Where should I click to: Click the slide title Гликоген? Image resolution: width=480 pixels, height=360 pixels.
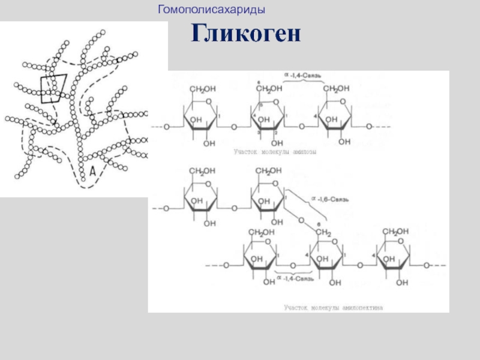(x=245, y=34)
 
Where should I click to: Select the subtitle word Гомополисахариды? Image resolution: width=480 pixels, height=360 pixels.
(x=212, y=10)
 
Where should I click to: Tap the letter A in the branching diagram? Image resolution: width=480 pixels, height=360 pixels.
(x=93, y=171)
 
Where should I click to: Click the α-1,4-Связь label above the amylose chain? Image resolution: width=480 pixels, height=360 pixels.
(x=302, y=75)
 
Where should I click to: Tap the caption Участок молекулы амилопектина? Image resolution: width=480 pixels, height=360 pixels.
(x=333, y=307)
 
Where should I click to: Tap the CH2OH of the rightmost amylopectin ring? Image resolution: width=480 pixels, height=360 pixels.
(x=396, y=232)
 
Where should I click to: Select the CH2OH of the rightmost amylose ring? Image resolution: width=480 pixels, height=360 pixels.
(x=336, y=89)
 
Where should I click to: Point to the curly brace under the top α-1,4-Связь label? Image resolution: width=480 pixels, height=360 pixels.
(x=302, y=82)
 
